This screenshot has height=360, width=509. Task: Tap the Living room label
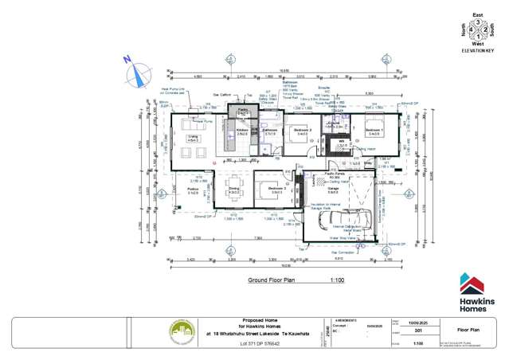point(193,138)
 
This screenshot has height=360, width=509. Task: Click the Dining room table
point(235,191)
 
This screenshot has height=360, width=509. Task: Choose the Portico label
point(193,190)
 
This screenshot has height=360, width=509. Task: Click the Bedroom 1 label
point(374,131)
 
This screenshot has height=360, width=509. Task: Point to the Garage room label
point(332,190)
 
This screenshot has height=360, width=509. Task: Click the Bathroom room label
point(269,131)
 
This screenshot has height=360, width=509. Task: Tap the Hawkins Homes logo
point(476,292)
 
